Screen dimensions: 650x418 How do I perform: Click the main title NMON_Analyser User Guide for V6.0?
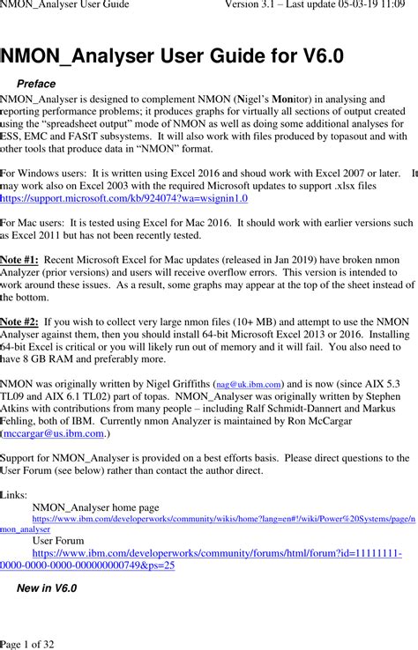coord(173,57)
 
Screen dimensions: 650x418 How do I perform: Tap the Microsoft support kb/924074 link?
coord(124,200)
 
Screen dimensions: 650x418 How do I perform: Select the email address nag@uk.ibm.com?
coord(250,385)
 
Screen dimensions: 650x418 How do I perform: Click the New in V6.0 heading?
coord(47,587)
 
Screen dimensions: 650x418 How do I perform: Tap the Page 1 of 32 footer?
coord(27,644)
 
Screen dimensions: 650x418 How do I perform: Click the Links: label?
coord(14,495)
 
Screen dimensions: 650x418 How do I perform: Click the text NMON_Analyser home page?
coord(95,507)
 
